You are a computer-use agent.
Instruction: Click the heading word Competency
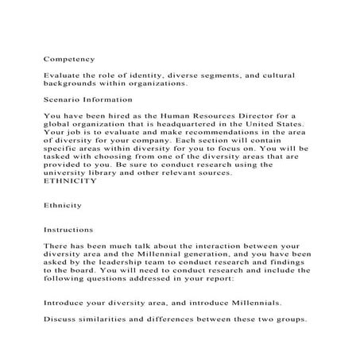tap(69, 58)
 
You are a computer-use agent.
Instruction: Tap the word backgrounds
tap(76, 82)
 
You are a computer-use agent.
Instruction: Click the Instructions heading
tap(69, 229)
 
